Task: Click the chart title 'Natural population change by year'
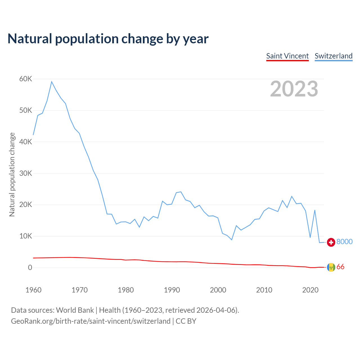tap(108, 39)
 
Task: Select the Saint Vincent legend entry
tap(287, 56)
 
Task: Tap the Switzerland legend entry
tap(334, 56)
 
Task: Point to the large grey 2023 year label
tap(294, 89)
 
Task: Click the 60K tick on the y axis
tap(26, 79)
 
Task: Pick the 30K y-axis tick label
tap(26, 174)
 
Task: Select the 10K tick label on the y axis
tap(26, 236)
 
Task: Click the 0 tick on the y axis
tap(30, 268)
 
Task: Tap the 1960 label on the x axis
tap(33, 290)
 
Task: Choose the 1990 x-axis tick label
tap(172, 290)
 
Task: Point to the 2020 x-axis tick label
tap(310, 290)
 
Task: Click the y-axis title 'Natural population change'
tap(12, 174)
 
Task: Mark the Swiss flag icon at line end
tap(331, 242)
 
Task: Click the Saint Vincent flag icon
tap(331, 267)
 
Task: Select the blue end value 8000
tap(345, 242)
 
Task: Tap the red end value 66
tap(340, 267)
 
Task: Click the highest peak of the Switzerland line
tap(52, 82)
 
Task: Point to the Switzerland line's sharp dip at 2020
tap(310, 237)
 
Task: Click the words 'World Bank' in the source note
tap(75, 310)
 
